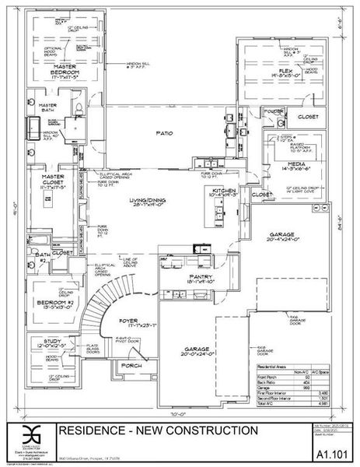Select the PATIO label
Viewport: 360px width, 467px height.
[x=163, y=134]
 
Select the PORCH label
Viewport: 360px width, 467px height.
[x=130, y=365]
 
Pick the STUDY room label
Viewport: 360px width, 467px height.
[x=46, y=340]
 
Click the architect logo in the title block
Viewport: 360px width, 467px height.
[x=30, y=435]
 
